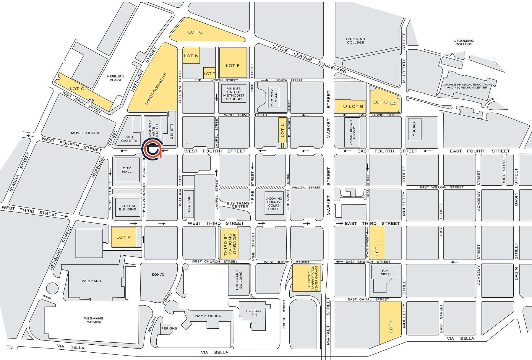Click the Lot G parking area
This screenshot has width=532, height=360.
pos(201,32)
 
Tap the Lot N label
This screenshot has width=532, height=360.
pos(191,56)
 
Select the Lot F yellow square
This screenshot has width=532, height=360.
pos(233,65)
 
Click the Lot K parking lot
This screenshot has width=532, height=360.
pos(124,237)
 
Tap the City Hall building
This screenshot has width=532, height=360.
pos(127,170)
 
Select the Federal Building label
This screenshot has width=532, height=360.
pos(128,207)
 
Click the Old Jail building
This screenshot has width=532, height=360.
pos(189,204)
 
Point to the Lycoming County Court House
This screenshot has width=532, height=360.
pos(274,204)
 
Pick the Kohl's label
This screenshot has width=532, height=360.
pos(158,275)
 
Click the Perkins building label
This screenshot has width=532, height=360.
pos(169,328)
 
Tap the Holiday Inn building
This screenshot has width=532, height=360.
pos(254,312)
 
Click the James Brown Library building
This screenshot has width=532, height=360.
pos(352,132)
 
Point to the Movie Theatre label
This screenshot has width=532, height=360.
pos(86,133)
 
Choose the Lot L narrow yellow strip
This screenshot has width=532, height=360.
pos(283,130)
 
